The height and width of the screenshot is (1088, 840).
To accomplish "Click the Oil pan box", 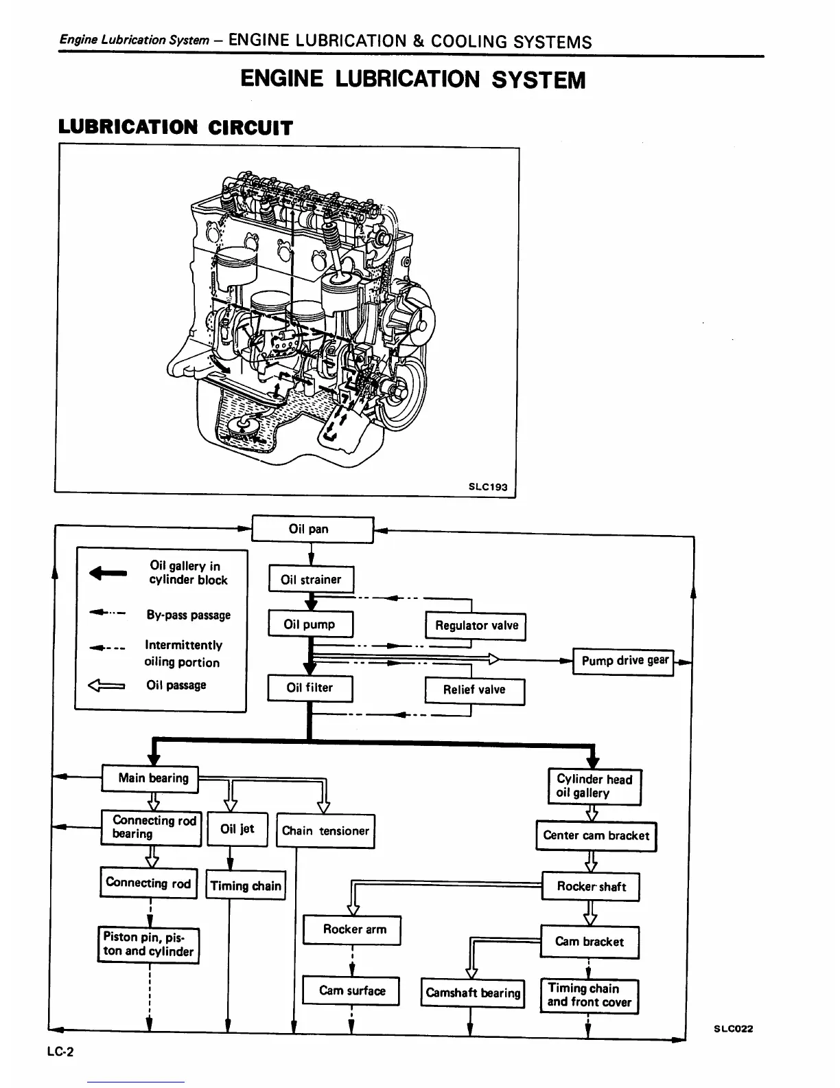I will point(312,529).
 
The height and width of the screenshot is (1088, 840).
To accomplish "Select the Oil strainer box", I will point(311,579).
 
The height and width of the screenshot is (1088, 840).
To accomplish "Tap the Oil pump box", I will point(310,624).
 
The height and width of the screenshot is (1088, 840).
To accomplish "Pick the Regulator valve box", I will point(476,626).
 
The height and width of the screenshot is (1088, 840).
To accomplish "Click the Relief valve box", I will point(474,690).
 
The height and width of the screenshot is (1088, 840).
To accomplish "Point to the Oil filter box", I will point(310,688).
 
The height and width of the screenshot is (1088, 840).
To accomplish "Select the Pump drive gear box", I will point(623,661).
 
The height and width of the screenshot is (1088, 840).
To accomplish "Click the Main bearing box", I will point(150,778).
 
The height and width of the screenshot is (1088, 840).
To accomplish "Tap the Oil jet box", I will point(237,829).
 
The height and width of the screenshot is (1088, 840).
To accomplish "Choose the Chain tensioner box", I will point(325,830).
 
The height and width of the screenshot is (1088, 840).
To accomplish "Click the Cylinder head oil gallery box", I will point(594,786).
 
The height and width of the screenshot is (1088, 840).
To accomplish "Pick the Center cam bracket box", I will point(596,836).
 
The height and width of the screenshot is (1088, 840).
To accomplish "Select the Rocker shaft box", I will point(591,887).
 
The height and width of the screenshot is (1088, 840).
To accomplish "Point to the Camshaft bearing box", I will point(473,993).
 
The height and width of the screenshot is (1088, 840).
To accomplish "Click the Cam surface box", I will point(351,991).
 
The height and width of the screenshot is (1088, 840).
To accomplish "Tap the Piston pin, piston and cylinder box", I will point(148,945).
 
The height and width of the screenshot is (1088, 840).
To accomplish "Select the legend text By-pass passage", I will point(189,615).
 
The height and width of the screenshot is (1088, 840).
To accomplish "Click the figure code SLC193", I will point(488,487).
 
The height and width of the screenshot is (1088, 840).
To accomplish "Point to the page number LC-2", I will point(61,1052).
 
